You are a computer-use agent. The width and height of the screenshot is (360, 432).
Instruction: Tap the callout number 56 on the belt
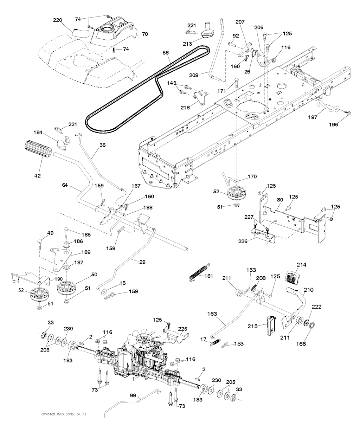pyautogui.click(x=166, y=53)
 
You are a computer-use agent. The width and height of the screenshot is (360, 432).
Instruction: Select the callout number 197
pyautogui.click(x=323, y=111)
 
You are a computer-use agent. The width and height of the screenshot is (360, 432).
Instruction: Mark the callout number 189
pyautogui.click(x=86, y=252)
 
